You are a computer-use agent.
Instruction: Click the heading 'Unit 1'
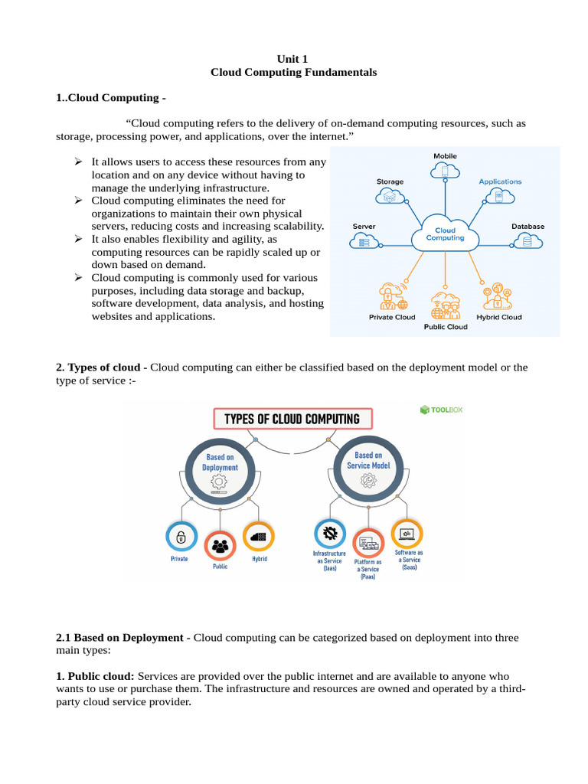[x=293, y=59]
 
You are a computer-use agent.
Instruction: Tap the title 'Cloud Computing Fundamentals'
[x=293, y=73]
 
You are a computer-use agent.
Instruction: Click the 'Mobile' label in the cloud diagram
[x=445, y=156]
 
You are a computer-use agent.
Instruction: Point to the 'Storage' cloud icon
[x=390, y=197]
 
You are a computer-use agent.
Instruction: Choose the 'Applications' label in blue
[x=500, y=181]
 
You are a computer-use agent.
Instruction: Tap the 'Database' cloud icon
[x=527, y=241]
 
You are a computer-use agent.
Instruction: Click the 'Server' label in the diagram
[x=364, y=227]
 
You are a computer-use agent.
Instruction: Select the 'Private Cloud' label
[x=392, y=317]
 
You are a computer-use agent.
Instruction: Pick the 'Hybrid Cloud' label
[x=498, y=317]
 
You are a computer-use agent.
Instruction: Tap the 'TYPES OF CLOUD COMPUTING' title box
[x=291, y=419]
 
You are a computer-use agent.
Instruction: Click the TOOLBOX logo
[x=442, y=410]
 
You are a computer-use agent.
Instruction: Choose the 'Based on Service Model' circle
[x=368, y=469]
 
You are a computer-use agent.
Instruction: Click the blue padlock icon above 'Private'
[x=181, y=537]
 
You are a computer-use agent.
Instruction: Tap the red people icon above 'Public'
[x=220, y=546]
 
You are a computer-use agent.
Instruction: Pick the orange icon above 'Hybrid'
[x=258, y=537]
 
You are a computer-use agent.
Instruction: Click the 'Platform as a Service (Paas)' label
[x=368, y=570]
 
